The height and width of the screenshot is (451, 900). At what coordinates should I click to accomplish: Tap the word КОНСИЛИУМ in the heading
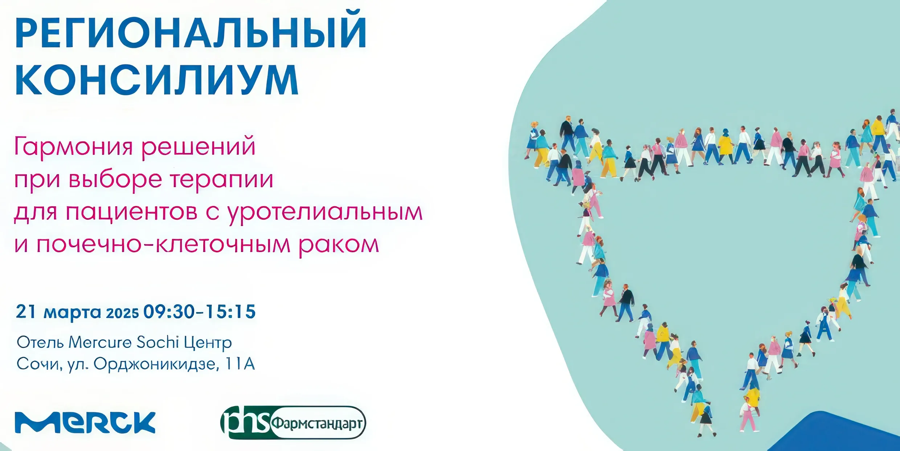[157, 80]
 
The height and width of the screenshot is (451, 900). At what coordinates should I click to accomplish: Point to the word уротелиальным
[325, 212]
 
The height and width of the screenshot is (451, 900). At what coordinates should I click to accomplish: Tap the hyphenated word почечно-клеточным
[163, 245]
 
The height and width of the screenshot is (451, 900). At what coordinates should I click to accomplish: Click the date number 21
[26, 311]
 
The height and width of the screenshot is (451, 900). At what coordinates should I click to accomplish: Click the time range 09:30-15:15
[200, 312]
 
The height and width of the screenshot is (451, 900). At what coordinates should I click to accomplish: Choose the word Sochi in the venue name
[158, 342]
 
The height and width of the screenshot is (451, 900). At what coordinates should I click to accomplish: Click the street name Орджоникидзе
[156, 364]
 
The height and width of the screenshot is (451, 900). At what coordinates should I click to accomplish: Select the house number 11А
[240, 364]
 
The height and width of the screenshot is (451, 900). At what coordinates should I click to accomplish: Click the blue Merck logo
[85, 422]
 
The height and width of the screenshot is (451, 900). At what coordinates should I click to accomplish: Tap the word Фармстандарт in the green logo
[317, 423]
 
